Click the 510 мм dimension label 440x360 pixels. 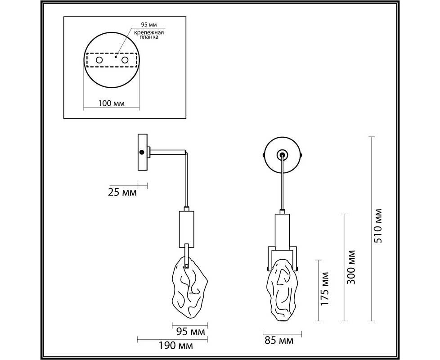[378, 226]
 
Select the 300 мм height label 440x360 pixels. [351, 267]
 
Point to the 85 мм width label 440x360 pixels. [279, 341]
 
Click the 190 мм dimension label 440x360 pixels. [176, 346]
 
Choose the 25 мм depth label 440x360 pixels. [122, 193]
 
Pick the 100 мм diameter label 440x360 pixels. [112, 103]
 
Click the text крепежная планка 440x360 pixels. [149, 35]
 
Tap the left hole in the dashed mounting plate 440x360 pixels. [99, 60]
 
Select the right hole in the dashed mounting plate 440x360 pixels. [125, 60]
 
